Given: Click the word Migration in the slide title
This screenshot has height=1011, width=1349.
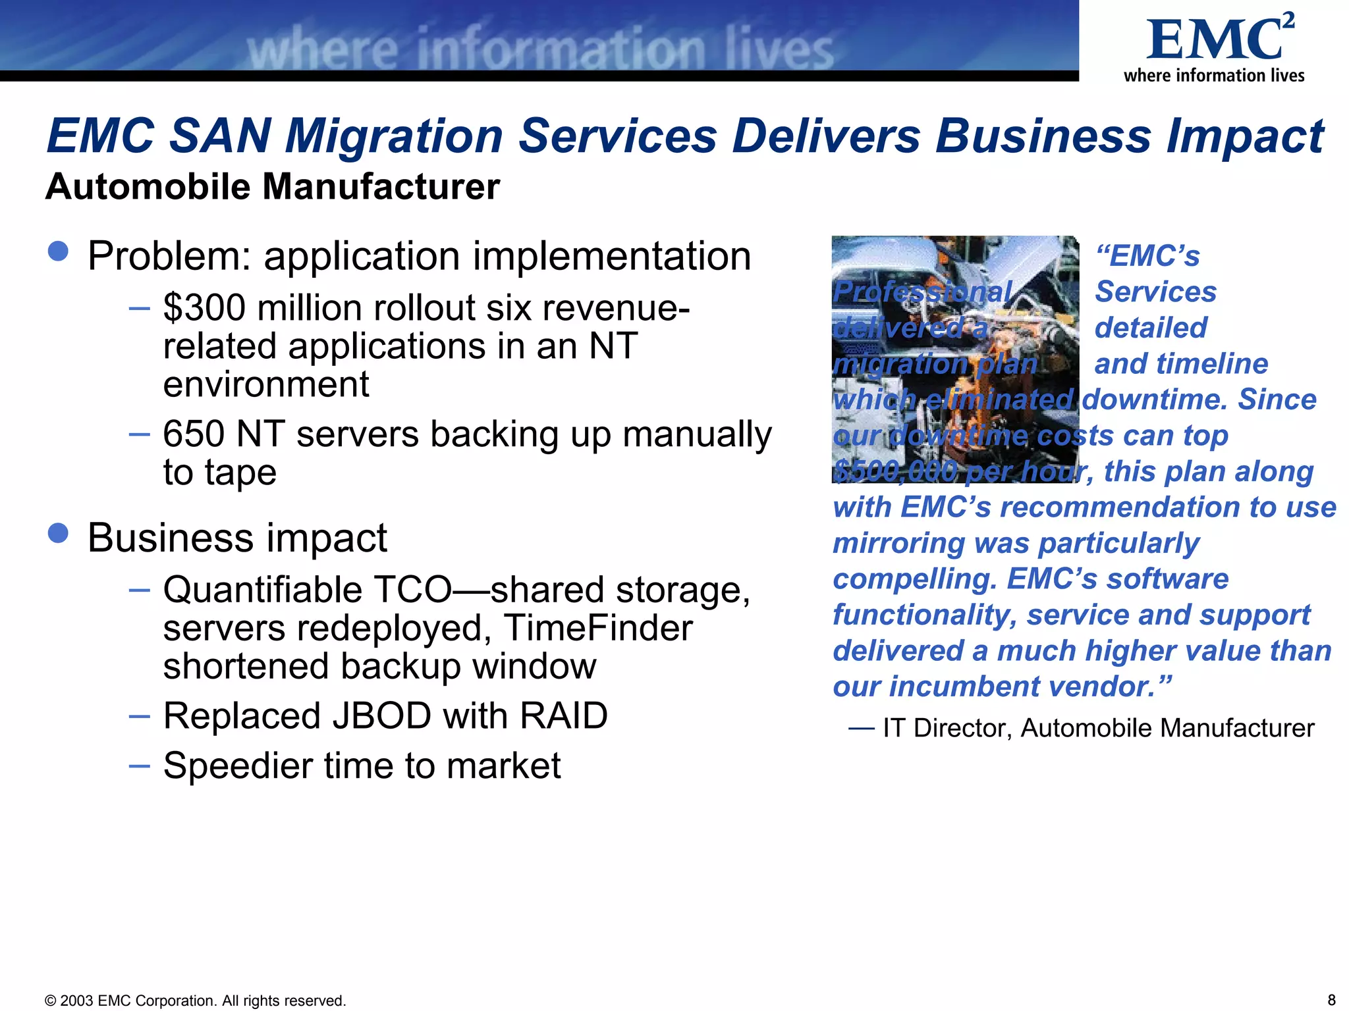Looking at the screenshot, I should (x=394, y=136).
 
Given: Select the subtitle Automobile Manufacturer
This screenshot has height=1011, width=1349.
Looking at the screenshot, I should (x=273, y=187).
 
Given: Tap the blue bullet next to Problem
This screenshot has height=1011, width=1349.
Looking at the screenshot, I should (x=59, y=251).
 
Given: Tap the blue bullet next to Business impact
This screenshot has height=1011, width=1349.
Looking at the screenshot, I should (x=59, y=533).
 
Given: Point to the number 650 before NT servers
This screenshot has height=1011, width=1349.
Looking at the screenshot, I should (x=194, y=434).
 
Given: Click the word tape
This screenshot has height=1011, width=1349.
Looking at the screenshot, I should (x=240, y=473).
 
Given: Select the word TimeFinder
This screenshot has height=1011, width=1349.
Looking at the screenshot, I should (x=598, y=628).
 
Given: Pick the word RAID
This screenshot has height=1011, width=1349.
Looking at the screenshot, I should (x=563, y=716).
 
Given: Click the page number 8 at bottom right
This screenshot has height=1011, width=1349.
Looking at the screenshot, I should (x=1331, y=1000).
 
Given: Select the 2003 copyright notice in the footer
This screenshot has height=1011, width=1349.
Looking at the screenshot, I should (x=195, y=1000).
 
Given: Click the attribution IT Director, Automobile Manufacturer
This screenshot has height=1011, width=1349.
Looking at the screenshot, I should (x=1097, y=729).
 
